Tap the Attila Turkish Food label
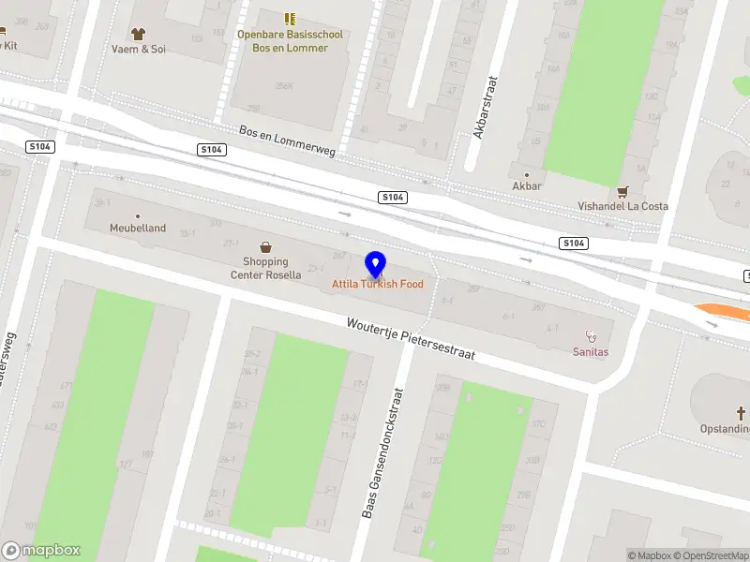(x=377, y=284)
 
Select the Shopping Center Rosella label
(x=265, y=269)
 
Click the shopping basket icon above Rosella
(x=266, y=247)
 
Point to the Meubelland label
(x=138, y=228)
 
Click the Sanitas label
(x=591, y=352)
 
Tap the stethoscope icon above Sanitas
(x=591, y=335)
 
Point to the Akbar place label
(x=527, y=186)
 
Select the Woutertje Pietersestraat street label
(x=411, y=338)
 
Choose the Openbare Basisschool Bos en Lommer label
(x=290, y=41)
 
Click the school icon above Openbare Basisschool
(x=290, y=19)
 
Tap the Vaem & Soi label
(x=138, y=49)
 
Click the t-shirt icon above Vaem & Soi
(x=139, y=33)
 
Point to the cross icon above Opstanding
(x=740, y=413)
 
